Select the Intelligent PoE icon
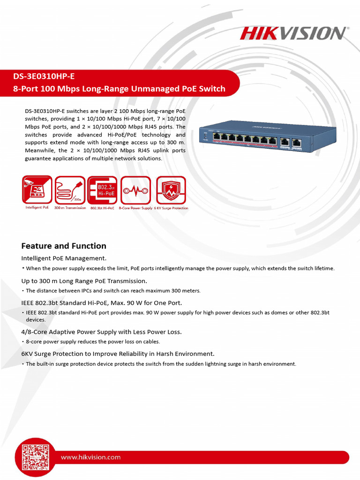(37, 190)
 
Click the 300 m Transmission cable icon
(70, 190)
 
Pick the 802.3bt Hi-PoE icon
(102, 190)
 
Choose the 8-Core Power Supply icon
(135, 190)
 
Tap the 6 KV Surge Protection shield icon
(171, 190)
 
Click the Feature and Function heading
(64, 246)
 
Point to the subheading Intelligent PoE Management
(64, 258)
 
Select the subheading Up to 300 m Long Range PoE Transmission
(84, 281)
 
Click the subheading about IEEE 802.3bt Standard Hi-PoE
(101, 303)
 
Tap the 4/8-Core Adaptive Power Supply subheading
(101, 332)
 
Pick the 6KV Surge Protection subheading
(118, 354)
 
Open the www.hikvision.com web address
(90, 457)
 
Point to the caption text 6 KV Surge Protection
(171, 208)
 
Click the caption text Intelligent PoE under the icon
(37, 208)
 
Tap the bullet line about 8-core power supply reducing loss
(93, 342)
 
